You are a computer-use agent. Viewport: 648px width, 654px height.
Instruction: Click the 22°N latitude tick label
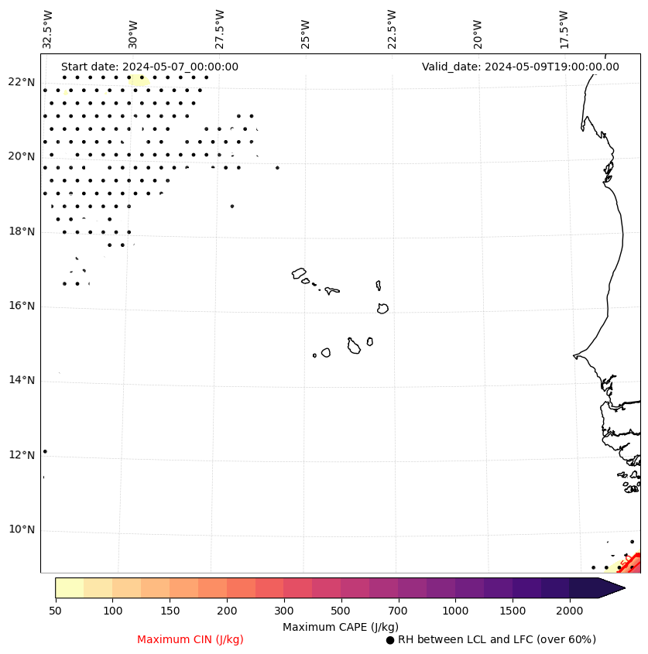(x=21, y=82)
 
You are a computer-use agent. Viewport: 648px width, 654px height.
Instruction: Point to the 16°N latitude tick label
(x=21, y=306)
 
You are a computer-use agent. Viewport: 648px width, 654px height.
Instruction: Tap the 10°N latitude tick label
(x=21, y=529)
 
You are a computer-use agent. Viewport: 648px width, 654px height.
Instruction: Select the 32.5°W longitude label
(x=48, y=29)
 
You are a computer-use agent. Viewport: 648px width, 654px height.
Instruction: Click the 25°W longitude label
(x=306, y=33)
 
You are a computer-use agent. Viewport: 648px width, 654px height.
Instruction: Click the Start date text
(x=149, y=67)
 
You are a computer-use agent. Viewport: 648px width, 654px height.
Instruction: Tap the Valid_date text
(x=520, y=67)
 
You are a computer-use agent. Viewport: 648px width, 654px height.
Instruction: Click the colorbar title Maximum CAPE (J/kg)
(x=340, y=626)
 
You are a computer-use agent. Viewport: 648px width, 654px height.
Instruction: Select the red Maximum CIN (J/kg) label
(x=190, y=639)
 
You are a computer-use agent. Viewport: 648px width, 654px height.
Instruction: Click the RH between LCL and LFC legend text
(x=496, y=639)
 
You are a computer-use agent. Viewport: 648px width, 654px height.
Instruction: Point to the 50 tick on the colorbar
(x=55, y=611)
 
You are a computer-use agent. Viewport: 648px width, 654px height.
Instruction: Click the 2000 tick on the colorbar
(x=569, y=611)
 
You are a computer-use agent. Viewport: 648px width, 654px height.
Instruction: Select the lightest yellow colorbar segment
(x=69, y=587)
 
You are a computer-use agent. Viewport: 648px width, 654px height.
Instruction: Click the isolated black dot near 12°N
(x=45, y=451)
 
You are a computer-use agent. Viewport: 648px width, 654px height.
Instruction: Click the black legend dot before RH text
(x=390, y=639)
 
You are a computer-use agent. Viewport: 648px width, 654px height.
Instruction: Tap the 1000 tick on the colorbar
(x=455, y=611)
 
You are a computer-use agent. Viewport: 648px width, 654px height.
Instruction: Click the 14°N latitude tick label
(x=21, y=380)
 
